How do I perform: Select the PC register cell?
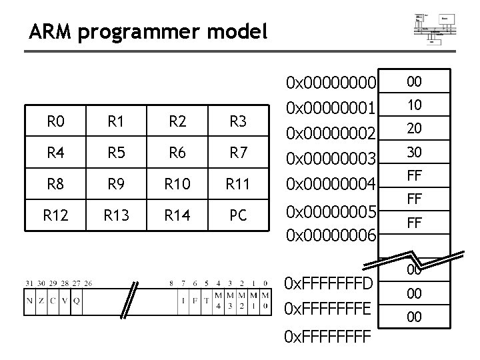pos(237,215)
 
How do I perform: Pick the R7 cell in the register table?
pos(237,153)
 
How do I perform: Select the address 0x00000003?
pos(331,158)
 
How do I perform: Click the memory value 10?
pos(414,105)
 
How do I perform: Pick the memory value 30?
pos(414,152)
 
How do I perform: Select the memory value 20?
pos(414,129)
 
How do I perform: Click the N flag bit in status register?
pos(29,301)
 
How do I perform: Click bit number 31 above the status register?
pos(27,283)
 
